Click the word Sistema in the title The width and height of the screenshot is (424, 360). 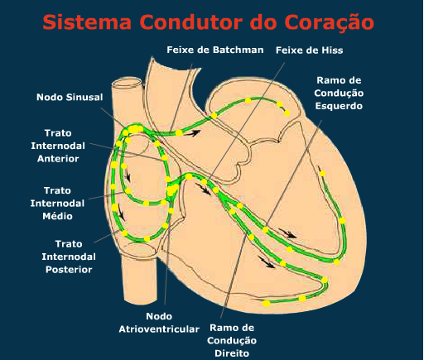(87, 22)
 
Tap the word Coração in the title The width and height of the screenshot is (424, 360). (329, 23)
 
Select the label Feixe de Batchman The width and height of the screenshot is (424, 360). (215, 50)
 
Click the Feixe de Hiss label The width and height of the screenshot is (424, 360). (309, 50)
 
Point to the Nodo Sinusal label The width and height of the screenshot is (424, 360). (70, 97)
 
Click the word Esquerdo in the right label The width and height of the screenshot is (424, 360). (339, 106)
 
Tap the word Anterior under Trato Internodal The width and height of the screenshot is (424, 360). (58, 159)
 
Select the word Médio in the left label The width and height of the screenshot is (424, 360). (57, 216)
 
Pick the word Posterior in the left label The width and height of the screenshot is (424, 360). (69, 270)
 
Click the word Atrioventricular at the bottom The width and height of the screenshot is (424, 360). (159, 329)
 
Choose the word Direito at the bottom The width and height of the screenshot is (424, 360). (232, 353)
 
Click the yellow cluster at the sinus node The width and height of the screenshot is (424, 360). (135, 129)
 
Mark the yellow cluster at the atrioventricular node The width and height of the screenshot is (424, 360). (172, 190)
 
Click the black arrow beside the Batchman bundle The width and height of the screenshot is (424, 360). (192, 133)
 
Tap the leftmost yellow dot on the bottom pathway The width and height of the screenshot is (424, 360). (266, 304)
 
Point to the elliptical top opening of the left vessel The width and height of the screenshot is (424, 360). (127, 83)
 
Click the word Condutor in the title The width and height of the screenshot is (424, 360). (191, 22)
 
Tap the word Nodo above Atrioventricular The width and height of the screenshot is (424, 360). (159, 316)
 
